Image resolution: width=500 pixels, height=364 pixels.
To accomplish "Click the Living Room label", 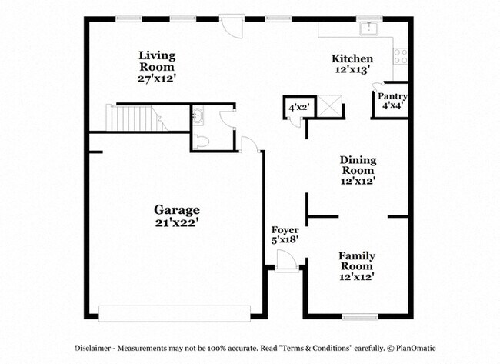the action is [x=157, y=62].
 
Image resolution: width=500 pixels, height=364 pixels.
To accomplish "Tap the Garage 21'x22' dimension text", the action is [x=177, y=222].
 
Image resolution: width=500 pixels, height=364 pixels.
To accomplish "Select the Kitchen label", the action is [x=352, y=58].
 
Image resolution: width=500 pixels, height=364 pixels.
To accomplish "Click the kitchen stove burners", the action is [x=401, y=56].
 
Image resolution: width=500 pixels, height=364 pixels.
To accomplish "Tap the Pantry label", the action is [x=392, y=96].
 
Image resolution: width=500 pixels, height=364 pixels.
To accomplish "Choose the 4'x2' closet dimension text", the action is [x=299, y=107].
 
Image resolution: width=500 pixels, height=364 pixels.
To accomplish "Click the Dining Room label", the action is [x=358, y=165].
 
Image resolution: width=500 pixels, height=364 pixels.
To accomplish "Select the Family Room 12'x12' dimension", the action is [x=357, y=276].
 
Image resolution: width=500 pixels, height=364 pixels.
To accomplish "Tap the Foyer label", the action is [x=285, y=229].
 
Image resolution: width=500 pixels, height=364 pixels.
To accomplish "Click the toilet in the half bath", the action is [x=201, y=142].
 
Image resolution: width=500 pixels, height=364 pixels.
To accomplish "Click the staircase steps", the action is [x=136, y=118].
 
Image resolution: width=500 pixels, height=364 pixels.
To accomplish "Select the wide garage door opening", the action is [x=175, y=313].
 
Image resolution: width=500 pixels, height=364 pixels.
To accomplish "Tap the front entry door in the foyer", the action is [x=287, y=261].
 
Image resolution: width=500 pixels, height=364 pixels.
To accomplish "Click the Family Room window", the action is [x=360, y=317].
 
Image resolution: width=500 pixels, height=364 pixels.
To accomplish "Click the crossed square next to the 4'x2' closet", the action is [x=330, y=106].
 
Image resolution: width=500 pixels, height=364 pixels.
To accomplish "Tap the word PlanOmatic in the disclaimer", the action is [x=415, y=348].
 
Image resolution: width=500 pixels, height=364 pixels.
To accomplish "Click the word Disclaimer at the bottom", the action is [x=93, y=348].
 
